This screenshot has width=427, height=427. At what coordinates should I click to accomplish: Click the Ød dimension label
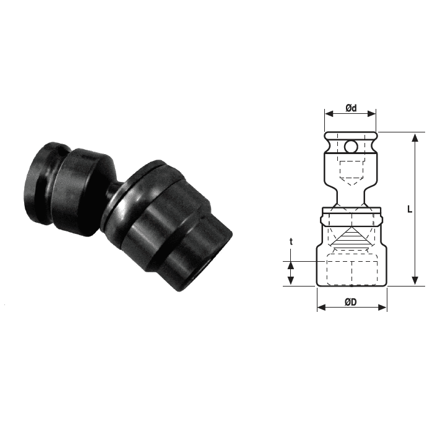tap(350, 108)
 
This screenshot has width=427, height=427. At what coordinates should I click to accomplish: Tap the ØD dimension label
tap(350, 302)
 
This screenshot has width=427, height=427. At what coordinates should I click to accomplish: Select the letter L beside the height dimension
tap(409, 209)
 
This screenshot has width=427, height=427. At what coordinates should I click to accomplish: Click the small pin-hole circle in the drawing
tap(351, 147)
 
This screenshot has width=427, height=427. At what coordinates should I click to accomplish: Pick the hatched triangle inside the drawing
tap(351, 238)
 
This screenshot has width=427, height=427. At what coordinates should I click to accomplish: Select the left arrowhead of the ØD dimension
tap(320, 307)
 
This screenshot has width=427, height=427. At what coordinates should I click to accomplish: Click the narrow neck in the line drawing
tap(351, 196)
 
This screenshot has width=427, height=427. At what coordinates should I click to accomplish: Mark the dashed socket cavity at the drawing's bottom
tap(351, 272)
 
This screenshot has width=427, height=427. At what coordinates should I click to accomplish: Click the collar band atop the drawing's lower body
tap(351, 218)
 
